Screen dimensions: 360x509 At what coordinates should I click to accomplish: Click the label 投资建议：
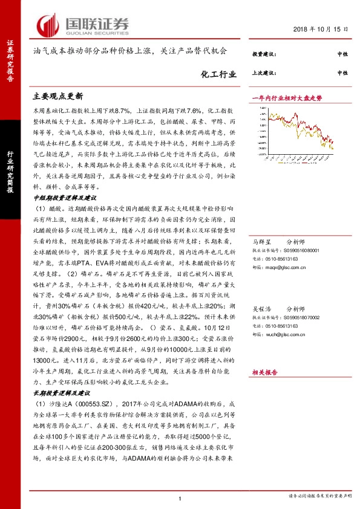[264, 54]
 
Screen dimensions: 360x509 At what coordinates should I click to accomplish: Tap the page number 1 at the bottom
[180, 498]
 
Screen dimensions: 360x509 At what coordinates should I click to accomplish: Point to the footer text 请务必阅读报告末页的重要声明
[318, 497]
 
